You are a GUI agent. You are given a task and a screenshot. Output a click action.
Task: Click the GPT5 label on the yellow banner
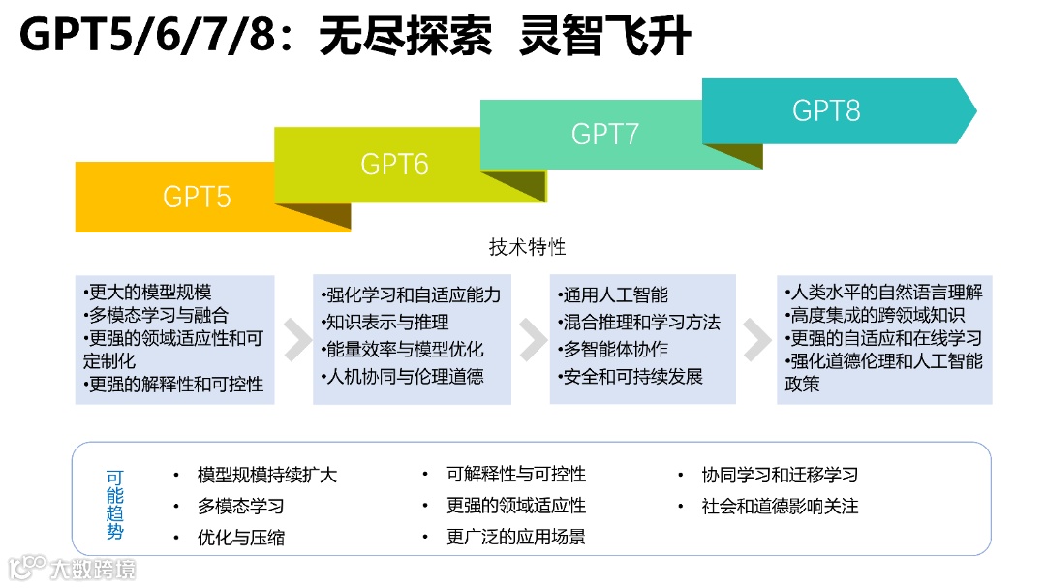(197, 197)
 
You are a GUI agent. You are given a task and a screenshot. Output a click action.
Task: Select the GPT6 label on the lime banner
(394, 164)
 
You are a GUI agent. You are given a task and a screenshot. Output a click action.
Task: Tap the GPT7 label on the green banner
(604, 134)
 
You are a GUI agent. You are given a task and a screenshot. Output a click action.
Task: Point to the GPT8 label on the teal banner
(826, 110)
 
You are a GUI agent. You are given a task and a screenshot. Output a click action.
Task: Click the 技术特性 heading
(527, 247)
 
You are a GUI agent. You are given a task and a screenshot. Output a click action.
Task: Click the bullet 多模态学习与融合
(156, 315)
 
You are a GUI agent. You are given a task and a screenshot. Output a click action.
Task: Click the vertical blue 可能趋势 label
(115, 505)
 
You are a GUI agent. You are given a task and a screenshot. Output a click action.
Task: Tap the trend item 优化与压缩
(241, 537)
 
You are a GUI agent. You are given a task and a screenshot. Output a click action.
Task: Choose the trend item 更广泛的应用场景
(516, 537)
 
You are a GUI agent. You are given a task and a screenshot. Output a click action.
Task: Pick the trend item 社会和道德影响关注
(781, 506)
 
